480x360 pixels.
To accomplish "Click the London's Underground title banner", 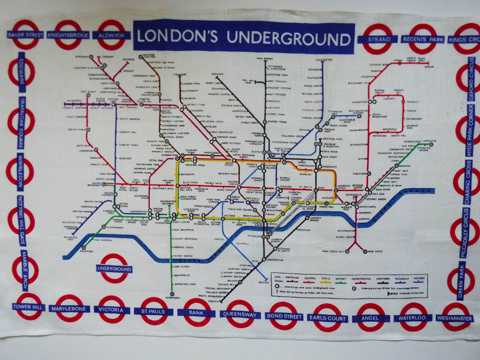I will [x=244, y=37].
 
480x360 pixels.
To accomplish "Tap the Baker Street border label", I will [x=25, y=35].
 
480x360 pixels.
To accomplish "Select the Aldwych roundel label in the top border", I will [x=111, y=35].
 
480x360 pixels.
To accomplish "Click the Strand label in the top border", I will [x=379, y=39].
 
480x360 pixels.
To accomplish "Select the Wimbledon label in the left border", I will [x=20, y=173].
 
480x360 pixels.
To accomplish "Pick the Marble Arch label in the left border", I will [x=25, y=270].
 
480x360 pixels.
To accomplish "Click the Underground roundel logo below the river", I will [x=114, y=269].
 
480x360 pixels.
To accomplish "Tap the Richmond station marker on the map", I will [x=83, y=247].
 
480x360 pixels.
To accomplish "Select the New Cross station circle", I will [x=365, y=252].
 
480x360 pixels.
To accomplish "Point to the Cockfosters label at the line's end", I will [x=324, y=60].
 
